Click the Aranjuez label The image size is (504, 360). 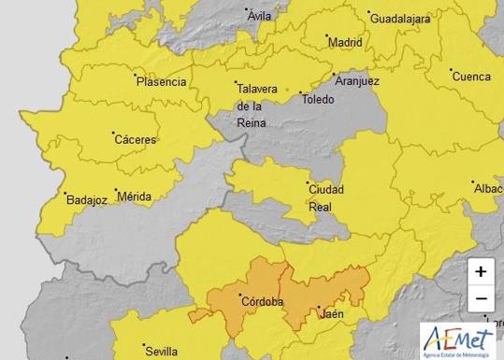(x=357, y=82)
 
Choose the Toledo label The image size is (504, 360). (x=316, y=98)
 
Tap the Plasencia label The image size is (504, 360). (x=161, y=81)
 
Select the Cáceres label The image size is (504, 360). (x=135, y=139)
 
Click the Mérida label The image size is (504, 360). (x=134, y=198)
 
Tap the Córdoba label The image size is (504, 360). (x=261, y=301)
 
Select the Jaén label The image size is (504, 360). (x=332, y=314)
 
